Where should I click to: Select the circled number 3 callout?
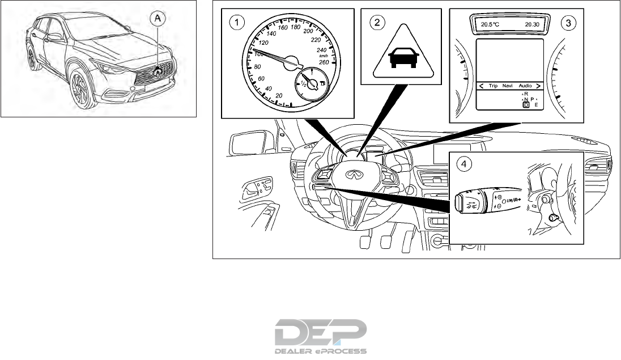tap(567, 23)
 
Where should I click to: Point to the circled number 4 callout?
tap(464, 164)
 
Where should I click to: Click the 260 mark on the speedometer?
tap(323, 62)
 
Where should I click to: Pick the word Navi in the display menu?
tap(507, 86)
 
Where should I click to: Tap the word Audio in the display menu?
tap(525, 86)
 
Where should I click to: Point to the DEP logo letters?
tap(321, 332)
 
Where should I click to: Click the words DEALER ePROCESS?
tap(321, 351)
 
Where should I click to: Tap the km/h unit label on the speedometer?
tap(324, 56)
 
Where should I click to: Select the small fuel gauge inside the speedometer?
tap(310, 85)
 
